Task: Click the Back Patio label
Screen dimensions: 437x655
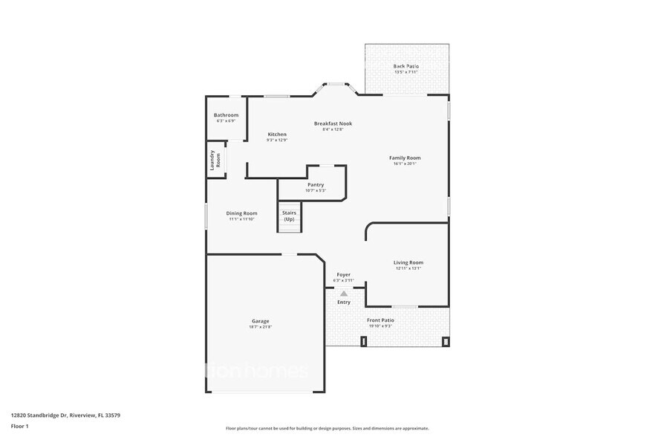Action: point(405,66)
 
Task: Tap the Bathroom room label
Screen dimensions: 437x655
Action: point(226,115)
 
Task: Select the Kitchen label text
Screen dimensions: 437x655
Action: point(277,135)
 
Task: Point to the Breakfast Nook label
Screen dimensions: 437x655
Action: point(333,123)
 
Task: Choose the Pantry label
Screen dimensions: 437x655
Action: point(316,184)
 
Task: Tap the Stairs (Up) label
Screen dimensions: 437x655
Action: point(289,216)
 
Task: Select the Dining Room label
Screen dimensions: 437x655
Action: point(241,213)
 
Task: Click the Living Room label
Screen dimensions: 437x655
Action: point(408,262)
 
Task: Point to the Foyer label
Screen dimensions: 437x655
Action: point(343,274)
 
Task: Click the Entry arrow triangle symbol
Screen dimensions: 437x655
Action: point(344,294)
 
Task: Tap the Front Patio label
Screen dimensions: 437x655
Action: point(379,320)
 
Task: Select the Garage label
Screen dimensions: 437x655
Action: point(260,321)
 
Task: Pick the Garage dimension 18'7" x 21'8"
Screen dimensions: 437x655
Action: point(260,327)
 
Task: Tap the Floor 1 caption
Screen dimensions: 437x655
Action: point(19,426)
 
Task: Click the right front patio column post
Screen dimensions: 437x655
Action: point(446,342)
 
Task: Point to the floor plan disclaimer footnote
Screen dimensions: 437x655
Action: point(327,428)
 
